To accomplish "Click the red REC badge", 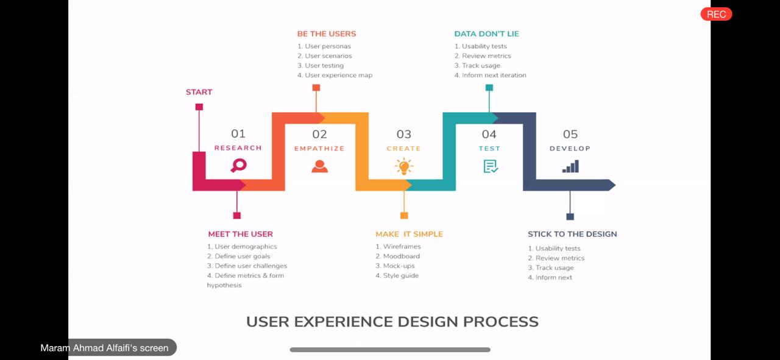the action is [716, 14].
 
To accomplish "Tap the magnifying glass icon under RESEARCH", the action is [239, 165].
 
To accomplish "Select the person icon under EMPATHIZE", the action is [320, 166].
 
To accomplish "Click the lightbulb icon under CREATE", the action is [404, 166].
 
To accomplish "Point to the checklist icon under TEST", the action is [491, 166].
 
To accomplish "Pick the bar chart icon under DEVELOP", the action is [570, 166].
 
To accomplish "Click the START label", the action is [199, 92].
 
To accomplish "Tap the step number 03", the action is [404, 135].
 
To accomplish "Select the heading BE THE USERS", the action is [327, 34].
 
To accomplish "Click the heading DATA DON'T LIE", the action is [486, 34].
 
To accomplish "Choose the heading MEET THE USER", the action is [241, 234].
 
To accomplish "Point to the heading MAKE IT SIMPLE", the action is [409, 234].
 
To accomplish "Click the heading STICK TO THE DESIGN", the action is [572, 234].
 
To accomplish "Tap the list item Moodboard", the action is [398, 256].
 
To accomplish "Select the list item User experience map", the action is [335, 75].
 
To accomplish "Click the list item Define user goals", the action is [238, 256].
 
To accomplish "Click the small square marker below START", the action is [199, 107].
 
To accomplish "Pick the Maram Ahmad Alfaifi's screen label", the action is [104, 348].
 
